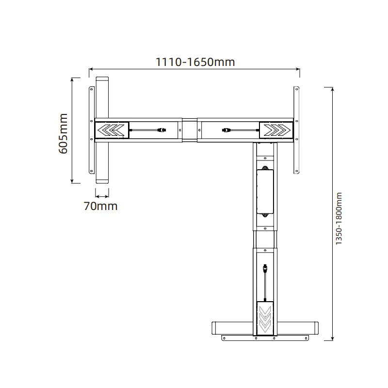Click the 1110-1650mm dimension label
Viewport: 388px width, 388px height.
[195, 62]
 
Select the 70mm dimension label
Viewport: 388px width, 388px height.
[100, 206]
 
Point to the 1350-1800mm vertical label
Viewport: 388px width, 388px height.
[339, 219]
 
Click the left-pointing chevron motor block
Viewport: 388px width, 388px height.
[112, 130]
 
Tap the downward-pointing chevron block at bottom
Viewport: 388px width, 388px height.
[265, 317]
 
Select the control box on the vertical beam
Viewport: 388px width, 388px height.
[265, 192]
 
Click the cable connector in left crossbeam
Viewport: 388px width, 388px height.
[162, 130]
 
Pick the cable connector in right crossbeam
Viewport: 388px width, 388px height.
[226, 130]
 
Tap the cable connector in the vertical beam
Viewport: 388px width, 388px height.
[265, 268]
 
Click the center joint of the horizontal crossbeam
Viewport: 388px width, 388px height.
[190, 130]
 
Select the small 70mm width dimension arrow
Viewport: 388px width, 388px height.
[102, 196]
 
